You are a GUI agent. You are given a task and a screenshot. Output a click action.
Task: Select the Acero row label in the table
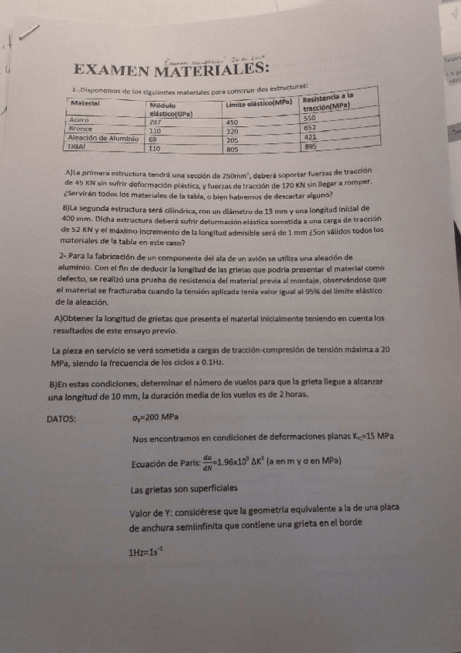click(79, 121)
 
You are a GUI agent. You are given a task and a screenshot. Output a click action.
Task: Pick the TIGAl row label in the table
click(78, 146)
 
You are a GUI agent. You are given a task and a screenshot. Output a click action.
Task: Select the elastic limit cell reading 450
click(232, 122)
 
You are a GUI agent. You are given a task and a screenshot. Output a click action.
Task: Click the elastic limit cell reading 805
click(232, 149)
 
